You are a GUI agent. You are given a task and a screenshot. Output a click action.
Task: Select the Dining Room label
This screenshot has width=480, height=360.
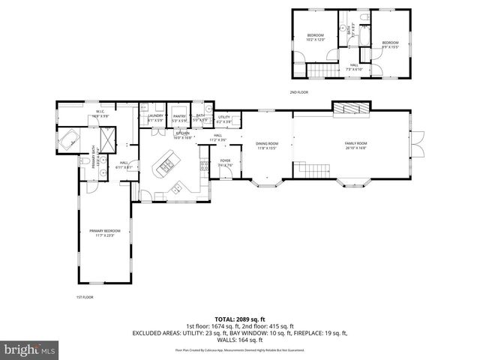point(267,145)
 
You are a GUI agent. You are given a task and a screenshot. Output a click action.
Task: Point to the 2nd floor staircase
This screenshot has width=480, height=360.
point(323,70)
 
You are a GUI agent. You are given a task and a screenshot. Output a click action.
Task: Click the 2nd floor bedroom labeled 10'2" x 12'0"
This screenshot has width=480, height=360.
point(315,37)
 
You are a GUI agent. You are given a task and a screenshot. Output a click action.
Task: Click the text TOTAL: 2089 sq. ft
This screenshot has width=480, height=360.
point(239,319)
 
